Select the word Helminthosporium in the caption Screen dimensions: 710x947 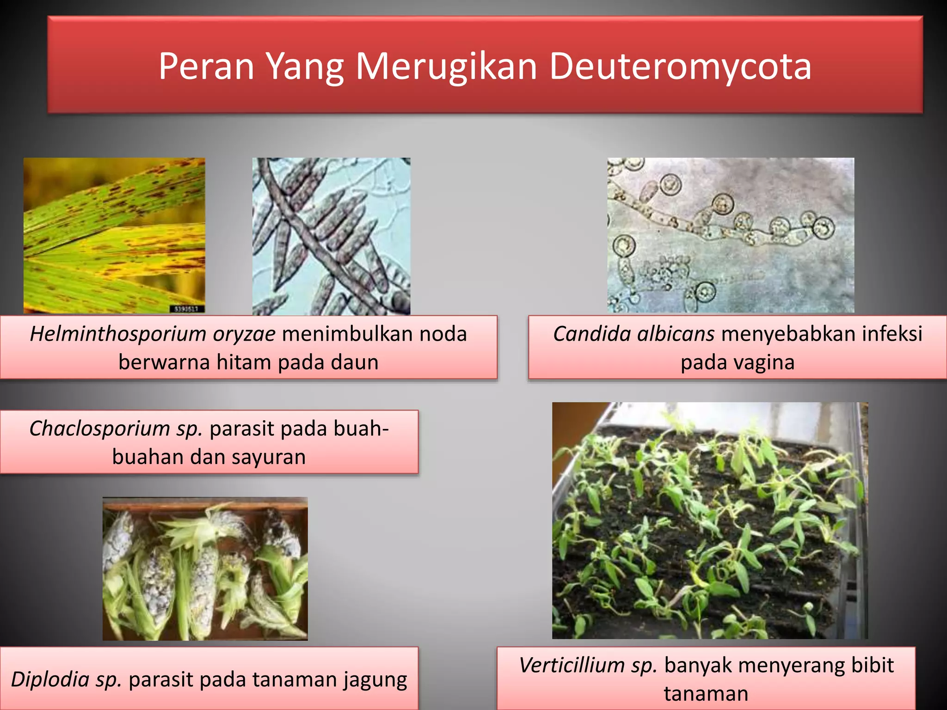pos(118,334)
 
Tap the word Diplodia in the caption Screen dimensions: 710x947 pos(50,679)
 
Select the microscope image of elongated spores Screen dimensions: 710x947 pos(331,236)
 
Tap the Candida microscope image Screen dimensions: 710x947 pos(731,235)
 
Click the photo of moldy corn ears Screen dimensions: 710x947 pos(205,569)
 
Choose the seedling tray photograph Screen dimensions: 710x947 pos(710,520)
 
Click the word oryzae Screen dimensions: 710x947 pos(244,334)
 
